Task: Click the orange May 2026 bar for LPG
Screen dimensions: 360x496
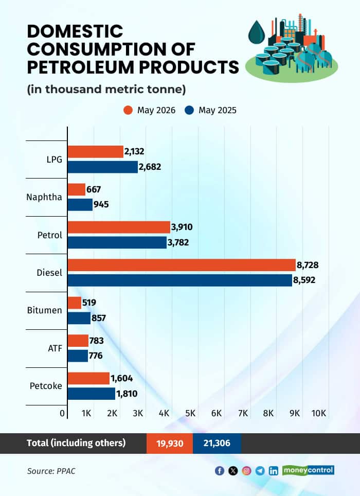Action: pyautogui.click(x=96, y=152)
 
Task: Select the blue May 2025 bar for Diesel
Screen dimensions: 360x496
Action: pyautogui.click(x=180, y=280)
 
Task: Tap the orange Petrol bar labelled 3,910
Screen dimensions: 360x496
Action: pyautogui.click(x=119, y=227)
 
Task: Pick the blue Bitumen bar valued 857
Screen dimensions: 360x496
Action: pyautogui.click(x=79, y=318)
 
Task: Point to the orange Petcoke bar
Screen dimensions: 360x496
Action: pyautogui.click(x=88, y=378)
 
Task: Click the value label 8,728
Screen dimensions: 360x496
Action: pyautogui.click(x=308, y=265)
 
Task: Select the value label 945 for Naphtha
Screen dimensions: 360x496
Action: pyautogui.click(x=101, y=204)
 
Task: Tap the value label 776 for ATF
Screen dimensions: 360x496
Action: pyautogui.click(x=96, y=356)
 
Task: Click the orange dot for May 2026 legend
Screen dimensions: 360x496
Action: pyautogui.click(x=128, y=111)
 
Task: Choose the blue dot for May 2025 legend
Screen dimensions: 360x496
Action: pyautogui.click(x=189, y=111)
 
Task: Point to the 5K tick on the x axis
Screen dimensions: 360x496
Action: pyautogui.click(x=190, y=413)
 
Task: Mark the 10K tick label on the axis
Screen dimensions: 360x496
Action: pyautogui.click(x=318, y=413)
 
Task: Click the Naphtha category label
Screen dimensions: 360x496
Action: pyautogui.click(x=44, y=197)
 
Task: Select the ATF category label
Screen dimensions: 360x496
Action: pyautogui.click(x=55, y=348)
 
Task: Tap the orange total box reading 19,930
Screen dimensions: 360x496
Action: pyautogui.click(x=170, y=444)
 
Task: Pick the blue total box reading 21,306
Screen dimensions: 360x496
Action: pyautogui.click(x=217, y=444)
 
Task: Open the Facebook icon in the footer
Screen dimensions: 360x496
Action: pyautogui.click(x=220, y=471)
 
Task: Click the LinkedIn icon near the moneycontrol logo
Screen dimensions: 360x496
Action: pyautogui.click(x=274, y=471)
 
